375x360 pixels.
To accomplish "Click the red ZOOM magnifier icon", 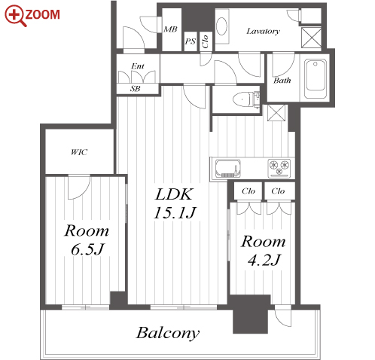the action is [15, 16].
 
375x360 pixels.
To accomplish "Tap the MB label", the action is [170, 29].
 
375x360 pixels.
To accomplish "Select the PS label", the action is [191, 41].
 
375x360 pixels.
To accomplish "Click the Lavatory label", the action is [263, 31].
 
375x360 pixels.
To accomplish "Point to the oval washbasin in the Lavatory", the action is [222, 26].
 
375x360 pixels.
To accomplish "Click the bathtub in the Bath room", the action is [316, 78].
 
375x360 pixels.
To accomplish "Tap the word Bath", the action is [282, 81].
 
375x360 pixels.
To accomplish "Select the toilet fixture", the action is [245, 99].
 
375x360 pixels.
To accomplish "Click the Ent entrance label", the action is [138, 66].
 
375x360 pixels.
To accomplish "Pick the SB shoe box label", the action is [135, 88].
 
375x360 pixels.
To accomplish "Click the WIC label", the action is [79, 152].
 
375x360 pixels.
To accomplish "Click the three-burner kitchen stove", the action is [279, 168].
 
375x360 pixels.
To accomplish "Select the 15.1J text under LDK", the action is [175, 213].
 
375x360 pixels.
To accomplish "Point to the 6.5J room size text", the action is [87, 249].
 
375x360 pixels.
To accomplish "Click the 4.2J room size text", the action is [264, 260].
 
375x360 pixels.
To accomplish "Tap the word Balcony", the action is [168, 333].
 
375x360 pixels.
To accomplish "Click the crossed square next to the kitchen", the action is [276, 112].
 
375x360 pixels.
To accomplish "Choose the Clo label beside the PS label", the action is [206, 41].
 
